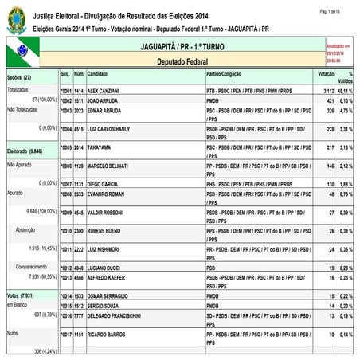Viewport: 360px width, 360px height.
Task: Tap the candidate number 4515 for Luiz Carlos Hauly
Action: click(x=79, y=127)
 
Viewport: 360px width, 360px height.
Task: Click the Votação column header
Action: click(x=325, y=72)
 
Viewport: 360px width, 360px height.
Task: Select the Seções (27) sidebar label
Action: click(x=18, y=78)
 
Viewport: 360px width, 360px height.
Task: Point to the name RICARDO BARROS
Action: click(x=108, y=336)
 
